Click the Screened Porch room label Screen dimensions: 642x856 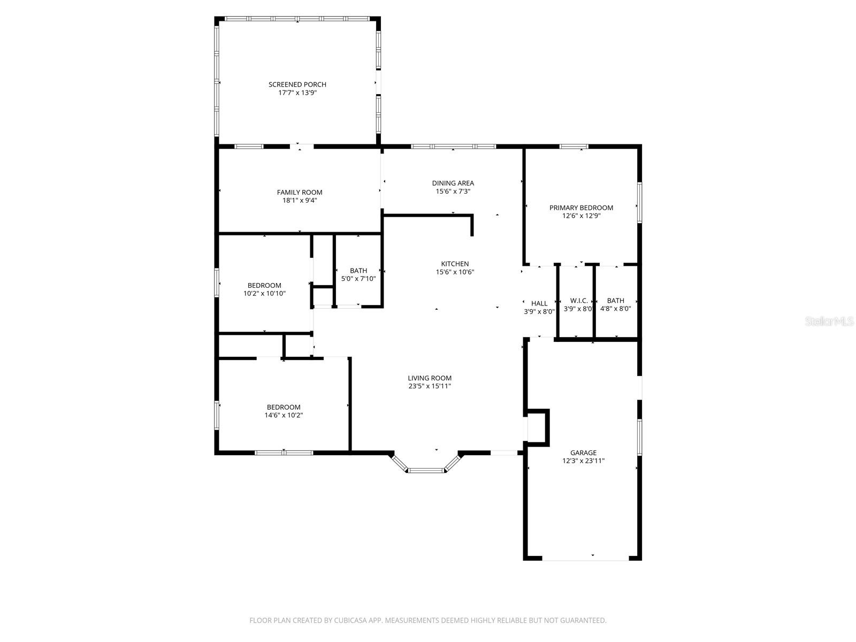(297, 85)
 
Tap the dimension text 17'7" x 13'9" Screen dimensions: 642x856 (297, 93)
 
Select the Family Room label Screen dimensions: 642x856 (300, 192)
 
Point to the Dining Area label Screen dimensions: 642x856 (453, 183)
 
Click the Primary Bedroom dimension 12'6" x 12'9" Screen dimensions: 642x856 (581, 216)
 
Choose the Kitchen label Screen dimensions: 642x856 (455, 264)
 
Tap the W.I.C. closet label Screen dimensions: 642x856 (579, 301)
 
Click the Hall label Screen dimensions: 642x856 (539, 303)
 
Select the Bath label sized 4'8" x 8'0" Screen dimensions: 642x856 (615, 301)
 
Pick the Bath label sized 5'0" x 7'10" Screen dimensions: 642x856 (358, 271)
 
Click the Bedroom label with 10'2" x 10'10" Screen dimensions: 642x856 (264, 285)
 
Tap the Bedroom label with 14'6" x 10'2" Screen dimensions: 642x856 (284, 407)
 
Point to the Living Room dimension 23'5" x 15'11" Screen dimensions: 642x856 (430, 386)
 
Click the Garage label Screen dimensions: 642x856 (583, 453)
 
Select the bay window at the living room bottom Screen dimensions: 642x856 (426, 470)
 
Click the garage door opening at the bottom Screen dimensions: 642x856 (585, 559)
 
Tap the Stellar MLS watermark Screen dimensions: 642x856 (829, 322)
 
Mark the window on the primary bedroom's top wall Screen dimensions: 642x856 (574, 146)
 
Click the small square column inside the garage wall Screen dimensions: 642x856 (538, 427)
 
